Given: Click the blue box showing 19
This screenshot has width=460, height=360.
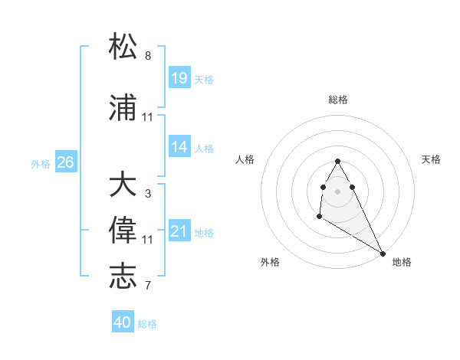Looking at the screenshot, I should click(x=179, y=77).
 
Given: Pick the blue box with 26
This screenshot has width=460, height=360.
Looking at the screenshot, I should click(x=65, y=162).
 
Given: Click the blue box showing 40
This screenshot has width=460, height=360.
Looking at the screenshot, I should click(x=123, y=322).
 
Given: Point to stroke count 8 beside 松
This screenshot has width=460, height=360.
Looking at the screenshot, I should click(x=148, y=56).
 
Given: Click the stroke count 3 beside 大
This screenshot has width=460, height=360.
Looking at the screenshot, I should click(x=148, y=194).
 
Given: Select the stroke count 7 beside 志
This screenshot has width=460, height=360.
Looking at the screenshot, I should click(x=148, y=286).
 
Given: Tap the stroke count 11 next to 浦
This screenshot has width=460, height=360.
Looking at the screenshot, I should click(x=148, y=117).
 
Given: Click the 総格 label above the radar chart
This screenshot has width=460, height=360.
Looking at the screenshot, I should click(x=338, y=100).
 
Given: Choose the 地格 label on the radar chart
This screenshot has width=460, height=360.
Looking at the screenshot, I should click(x=402, y=262).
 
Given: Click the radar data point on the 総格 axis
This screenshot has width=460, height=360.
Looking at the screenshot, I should click(x=338, y=161).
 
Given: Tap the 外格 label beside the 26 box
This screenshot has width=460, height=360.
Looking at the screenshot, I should click(x=41, y=163).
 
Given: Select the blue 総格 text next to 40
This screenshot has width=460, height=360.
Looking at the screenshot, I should click(x=147, y=324).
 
